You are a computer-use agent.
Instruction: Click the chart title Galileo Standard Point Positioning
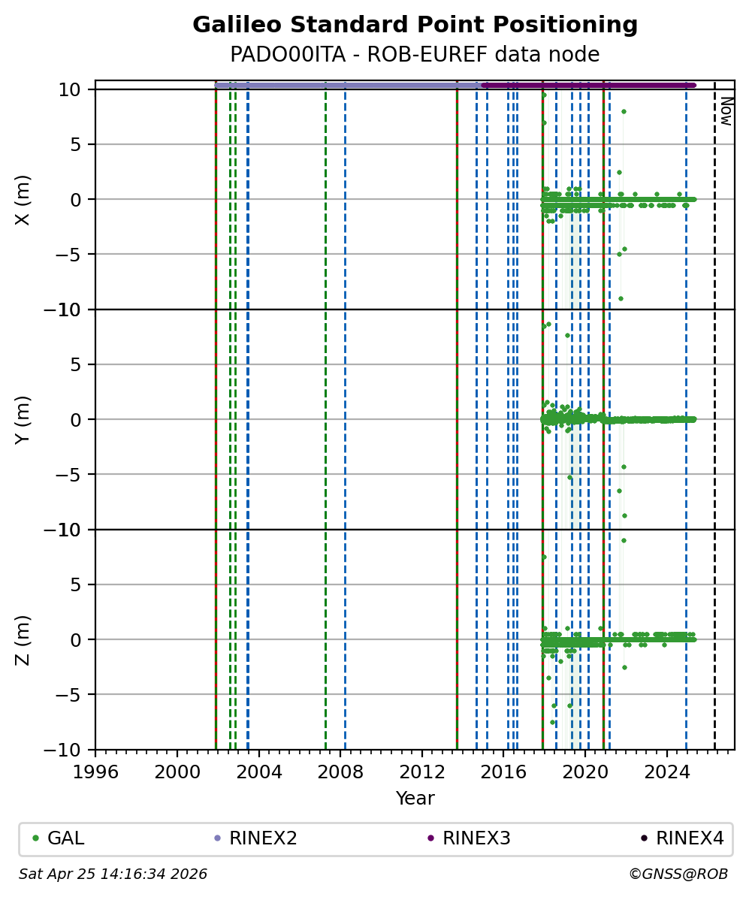click(x=415, y=26)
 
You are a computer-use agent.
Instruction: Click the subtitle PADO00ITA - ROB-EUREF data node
click(x=415, y=55)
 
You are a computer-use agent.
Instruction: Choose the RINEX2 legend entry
click(x=262, y=838)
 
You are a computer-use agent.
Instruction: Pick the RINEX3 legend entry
click(x=476, y=838)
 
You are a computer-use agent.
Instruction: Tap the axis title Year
click(x=415, y=799)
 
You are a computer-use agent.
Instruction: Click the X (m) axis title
click(x=23, y=199)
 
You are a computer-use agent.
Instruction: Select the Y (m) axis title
click(x=23, y=419)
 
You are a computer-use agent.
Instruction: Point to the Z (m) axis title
click(x=23, y=639)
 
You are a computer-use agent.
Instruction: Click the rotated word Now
click(x=726, y=110)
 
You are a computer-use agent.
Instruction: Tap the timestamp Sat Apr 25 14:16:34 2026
click(x=113, y=874)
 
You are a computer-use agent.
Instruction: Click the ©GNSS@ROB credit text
click(x=678, y=874)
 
